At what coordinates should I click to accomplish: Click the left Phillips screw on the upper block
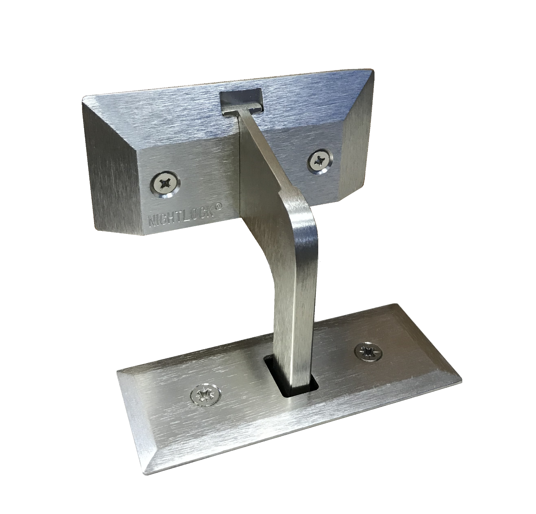coord(166,183)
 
